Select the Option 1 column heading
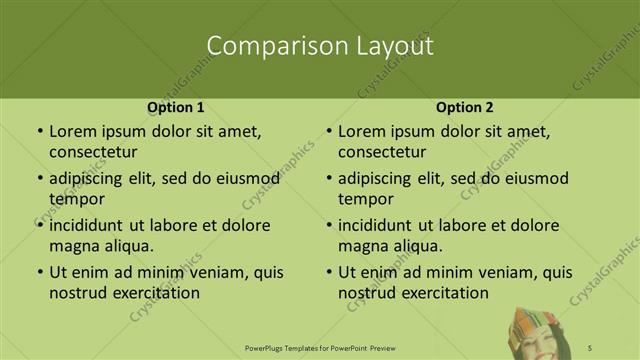176,107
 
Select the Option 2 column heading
465,107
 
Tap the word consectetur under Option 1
93,152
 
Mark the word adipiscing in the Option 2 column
382,179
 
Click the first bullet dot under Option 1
39,132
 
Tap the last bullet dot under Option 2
328,272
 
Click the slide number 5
590,347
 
